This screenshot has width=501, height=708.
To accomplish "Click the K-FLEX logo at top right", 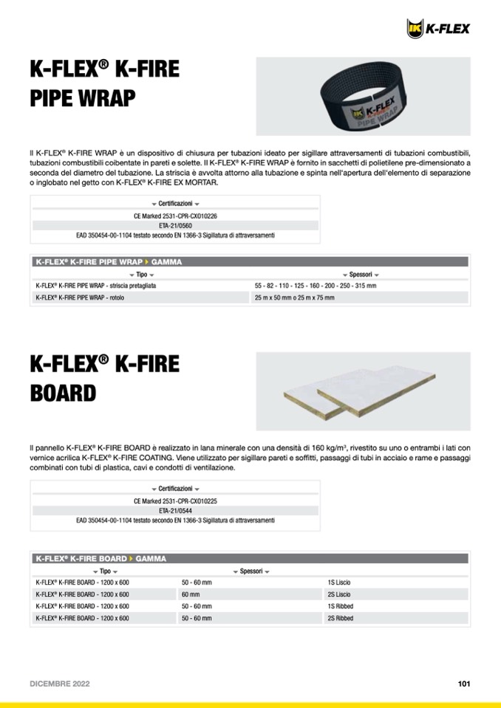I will coord(438,28).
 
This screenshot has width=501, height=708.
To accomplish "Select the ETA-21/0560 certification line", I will coord(175,226).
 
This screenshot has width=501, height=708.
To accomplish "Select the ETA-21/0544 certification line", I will coord(175,510).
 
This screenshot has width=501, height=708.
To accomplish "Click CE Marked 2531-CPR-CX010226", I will coord(175,216).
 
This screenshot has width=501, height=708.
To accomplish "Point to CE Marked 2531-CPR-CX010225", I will coord(175,501).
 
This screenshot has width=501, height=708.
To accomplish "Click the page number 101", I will coord(464,684).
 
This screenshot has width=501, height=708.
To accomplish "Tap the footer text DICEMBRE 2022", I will coord(60,684).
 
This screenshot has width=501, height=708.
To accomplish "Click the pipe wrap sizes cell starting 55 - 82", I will coord(316,285).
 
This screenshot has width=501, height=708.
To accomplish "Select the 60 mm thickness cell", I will coord(191,594).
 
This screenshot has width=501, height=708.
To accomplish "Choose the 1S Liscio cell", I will coord(339,582).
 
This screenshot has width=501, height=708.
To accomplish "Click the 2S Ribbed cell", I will coord(341,617).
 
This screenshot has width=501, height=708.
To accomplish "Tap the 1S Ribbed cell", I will coord(341,605).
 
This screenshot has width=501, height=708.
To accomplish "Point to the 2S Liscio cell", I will coord(339,594).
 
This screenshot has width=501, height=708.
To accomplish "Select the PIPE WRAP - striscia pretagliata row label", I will coord(95,285).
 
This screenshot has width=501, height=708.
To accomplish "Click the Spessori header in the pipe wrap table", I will coord(361,274).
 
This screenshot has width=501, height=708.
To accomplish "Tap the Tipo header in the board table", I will coord(105,571).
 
